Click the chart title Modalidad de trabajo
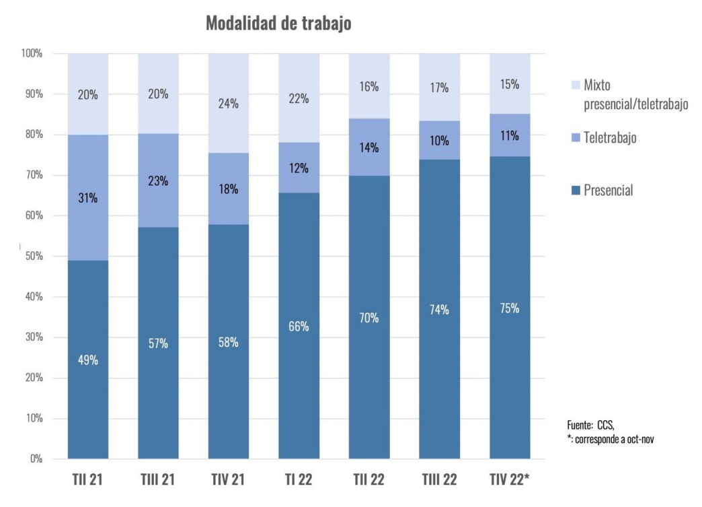tap(278, 24)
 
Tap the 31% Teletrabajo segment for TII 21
tap(88, 197)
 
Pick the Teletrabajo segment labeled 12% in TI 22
tap(299, 168)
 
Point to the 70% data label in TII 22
tap(369, 318)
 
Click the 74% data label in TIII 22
tap(439, 310)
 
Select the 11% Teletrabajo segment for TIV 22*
tap(510, 135)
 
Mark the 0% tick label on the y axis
tap(35, 459)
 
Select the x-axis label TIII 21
tap(158, 481)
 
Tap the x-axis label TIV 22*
tap(510, 481)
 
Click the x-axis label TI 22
tap(299, 481)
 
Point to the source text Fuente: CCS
tap(591, 425)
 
